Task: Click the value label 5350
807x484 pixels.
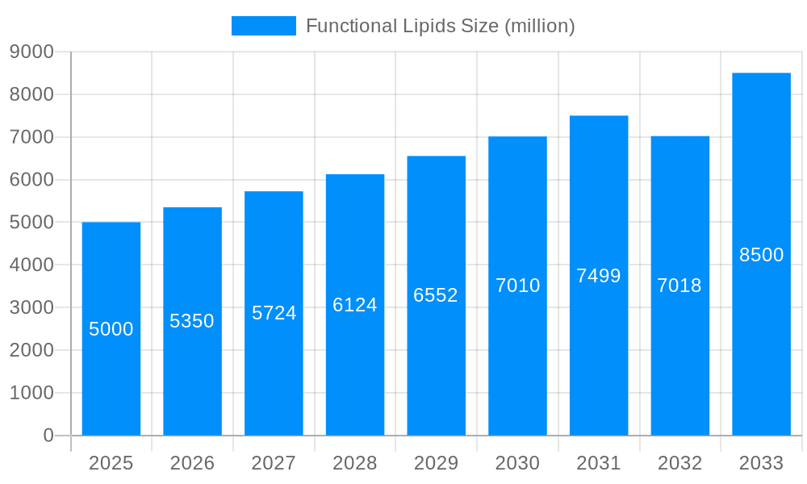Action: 192,321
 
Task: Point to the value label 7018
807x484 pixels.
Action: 679,286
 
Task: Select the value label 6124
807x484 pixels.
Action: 355,305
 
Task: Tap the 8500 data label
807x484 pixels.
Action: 761,255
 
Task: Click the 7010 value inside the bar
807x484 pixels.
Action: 517,286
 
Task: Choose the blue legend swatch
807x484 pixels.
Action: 263,26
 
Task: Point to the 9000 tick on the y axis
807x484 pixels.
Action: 31,52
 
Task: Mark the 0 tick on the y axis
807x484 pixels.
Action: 48,436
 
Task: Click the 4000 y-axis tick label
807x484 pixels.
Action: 31,265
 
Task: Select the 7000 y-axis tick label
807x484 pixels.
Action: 31,137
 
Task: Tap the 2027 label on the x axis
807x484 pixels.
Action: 274,463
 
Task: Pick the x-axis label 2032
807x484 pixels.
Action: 679,463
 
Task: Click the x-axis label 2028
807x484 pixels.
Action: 355,463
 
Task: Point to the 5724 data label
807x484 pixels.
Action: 274,313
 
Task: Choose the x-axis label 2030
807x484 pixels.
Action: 517,463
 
